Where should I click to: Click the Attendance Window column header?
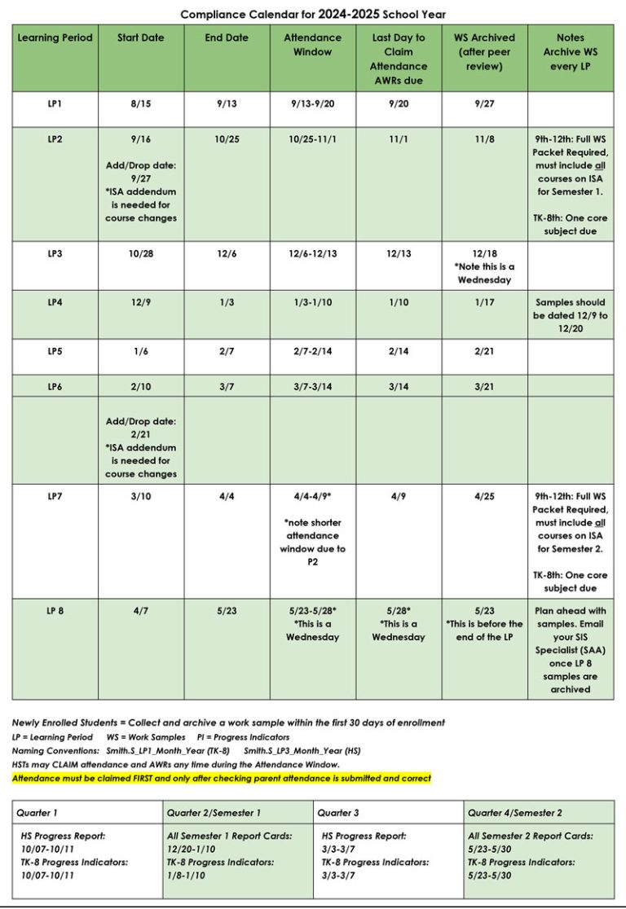(x=312, y=45)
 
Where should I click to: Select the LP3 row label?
(x=55, y=253)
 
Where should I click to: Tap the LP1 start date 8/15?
(x=141, y=103)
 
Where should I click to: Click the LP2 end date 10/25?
(x=227, y=139)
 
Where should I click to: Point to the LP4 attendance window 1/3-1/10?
(x=312, y=302)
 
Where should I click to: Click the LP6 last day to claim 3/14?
(x=399, y=387)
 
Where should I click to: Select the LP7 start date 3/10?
(x=141, y=496)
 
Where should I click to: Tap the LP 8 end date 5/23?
(x=227, y=611)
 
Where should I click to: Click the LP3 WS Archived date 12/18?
(x=484, y=253)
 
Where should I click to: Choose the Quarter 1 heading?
(x=38, y=812)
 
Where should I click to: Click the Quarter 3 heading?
(x=339, y=812)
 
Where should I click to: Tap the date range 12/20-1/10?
(x=196, y=849)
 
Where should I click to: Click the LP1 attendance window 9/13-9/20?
(x=312, y=103)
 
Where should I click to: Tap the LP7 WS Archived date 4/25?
(x=484, y=496)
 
